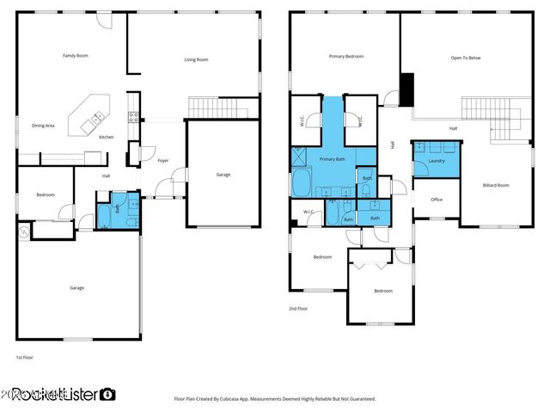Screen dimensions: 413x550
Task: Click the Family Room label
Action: (x=76, y=56)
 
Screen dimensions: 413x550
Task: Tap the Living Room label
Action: (x=196, y=59)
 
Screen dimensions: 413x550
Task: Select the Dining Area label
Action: (x=43, y=126)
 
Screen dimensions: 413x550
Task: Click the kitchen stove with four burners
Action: (x=133, y=118)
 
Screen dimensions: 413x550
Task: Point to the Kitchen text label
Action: (x=106, y=138)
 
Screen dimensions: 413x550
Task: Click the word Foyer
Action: (x=162, y=161)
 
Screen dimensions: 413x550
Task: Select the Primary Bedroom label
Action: (x=346, y=57)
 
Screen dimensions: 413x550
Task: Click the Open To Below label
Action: (x=465, y=59)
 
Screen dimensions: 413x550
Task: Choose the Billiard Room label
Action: (x=496, y=185)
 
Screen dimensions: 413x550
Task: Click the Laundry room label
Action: (x=436, y=160)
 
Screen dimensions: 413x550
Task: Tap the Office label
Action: (x=437, y=200)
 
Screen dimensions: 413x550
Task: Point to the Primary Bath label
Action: (x=333, y=159)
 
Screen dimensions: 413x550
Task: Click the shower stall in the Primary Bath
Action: (x=300, y=157)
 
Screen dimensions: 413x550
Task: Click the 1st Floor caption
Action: (x=24, y=356)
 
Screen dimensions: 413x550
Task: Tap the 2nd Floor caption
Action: (x=298, y=308)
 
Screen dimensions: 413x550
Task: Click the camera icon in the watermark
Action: (x=107, y=395)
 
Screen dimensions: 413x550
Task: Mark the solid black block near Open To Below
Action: (x=407, y=88)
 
